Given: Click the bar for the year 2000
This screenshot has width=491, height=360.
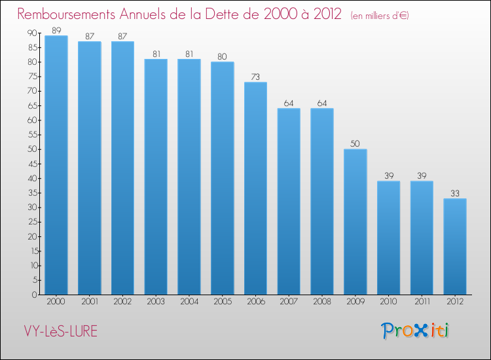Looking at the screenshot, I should click(x=56, y=165).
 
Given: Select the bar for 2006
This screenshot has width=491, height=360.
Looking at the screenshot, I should click(x=255, y=189).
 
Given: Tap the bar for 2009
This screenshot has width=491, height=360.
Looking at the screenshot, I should click(x=355, y=222).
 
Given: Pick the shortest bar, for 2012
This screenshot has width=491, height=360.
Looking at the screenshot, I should click(x=455, y=247).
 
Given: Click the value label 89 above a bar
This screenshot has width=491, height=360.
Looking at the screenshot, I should click(x=56, y=29).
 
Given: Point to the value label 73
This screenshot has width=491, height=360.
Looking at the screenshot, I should click(x=255, y=77).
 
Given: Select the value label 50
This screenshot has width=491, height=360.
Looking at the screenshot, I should click(x=355, y=143).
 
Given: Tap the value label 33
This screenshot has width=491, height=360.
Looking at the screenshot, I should click(x=455, y=193).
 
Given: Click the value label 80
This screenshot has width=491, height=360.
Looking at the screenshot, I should click(x=222, y=56).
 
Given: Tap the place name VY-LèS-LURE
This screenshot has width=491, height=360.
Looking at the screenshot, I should click(x=58, y=331).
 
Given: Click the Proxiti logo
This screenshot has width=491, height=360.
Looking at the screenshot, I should click(x=416, y=331).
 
